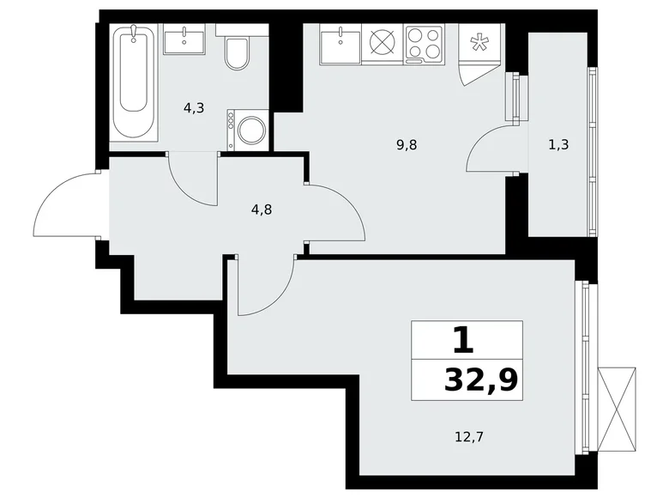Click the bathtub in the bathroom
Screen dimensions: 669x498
coord(134,82)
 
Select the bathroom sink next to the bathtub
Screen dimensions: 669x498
coord(184,39)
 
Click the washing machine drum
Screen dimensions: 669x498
coord(252,130)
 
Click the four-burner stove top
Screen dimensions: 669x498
coord(424,43)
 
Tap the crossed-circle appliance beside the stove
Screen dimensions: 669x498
coord(383,43)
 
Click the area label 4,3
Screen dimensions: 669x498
coord(194,108)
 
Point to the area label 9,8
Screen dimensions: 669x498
coord(407,145)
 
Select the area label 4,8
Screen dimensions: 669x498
coord(262,210)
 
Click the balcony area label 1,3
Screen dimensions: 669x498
coord(558,145)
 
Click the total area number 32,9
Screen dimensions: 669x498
coord(481,380)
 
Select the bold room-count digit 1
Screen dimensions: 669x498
coord(463,340)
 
